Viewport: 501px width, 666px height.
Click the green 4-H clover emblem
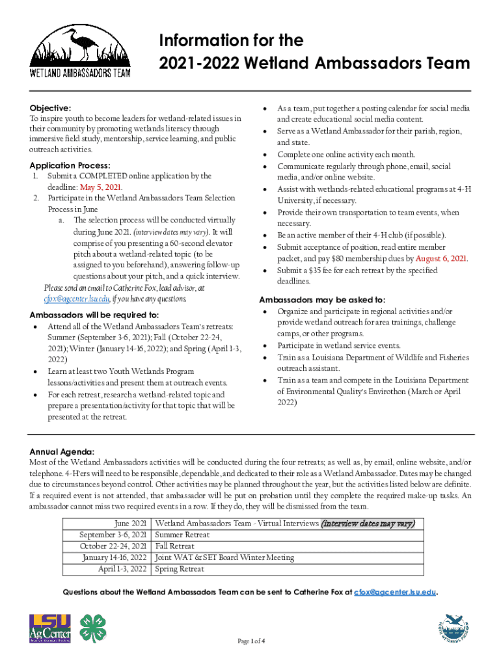click(x=93, y=628)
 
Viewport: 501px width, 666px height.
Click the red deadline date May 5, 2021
click(x=101, y=187)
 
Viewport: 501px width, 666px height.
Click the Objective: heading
click(x=51, y=107)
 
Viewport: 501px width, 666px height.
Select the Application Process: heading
click(x=70, y=165)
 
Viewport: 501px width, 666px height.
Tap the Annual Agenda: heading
click(x=62, y=451)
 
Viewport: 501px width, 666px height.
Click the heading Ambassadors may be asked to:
click(x=322, y=300)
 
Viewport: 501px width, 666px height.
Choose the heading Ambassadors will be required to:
click(x=94, y=315)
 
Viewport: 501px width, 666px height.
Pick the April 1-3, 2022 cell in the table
click(x=122, y=569)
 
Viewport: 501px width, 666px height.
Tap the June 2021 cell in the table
click(x=130, y=523)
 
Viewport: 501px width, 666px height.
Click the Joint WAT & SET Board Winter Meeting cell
click(x=224, y=557)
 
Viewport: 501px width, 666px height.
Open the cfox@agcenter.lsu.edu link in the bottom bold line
click(x=394, y=593)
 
